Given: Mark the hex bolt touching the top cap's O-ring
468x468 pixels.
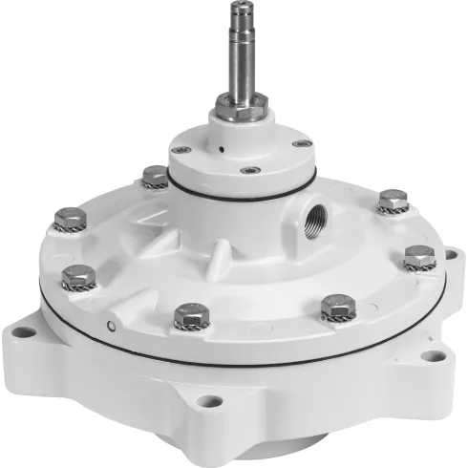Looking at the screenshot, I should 154,177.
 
